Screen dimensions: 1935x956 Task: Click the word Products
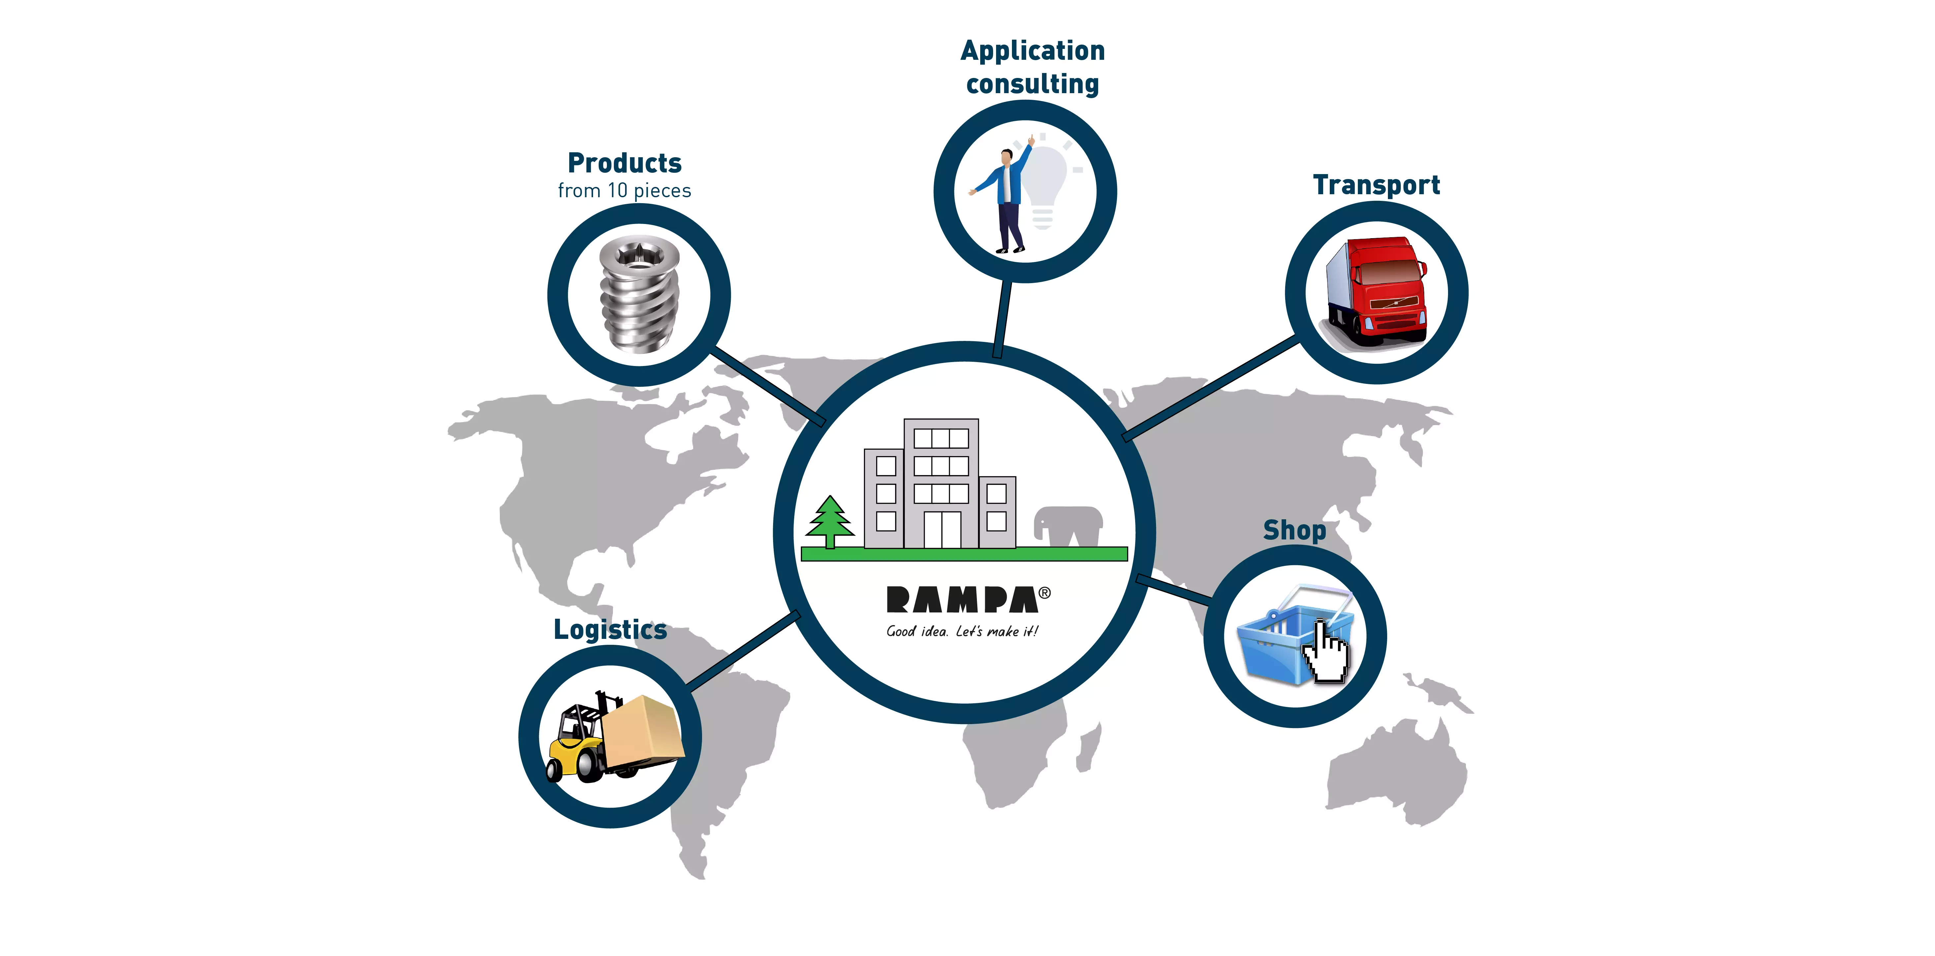(624, 163)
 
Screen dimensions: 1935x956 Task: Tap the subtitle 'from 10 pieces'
(624, 191)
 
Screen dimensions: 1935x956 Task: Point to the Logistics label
(610, 629)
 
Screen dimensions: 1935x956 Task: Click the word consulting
(1032, 84)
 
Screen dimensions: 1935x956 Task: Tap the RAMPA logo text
(962, 599)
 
